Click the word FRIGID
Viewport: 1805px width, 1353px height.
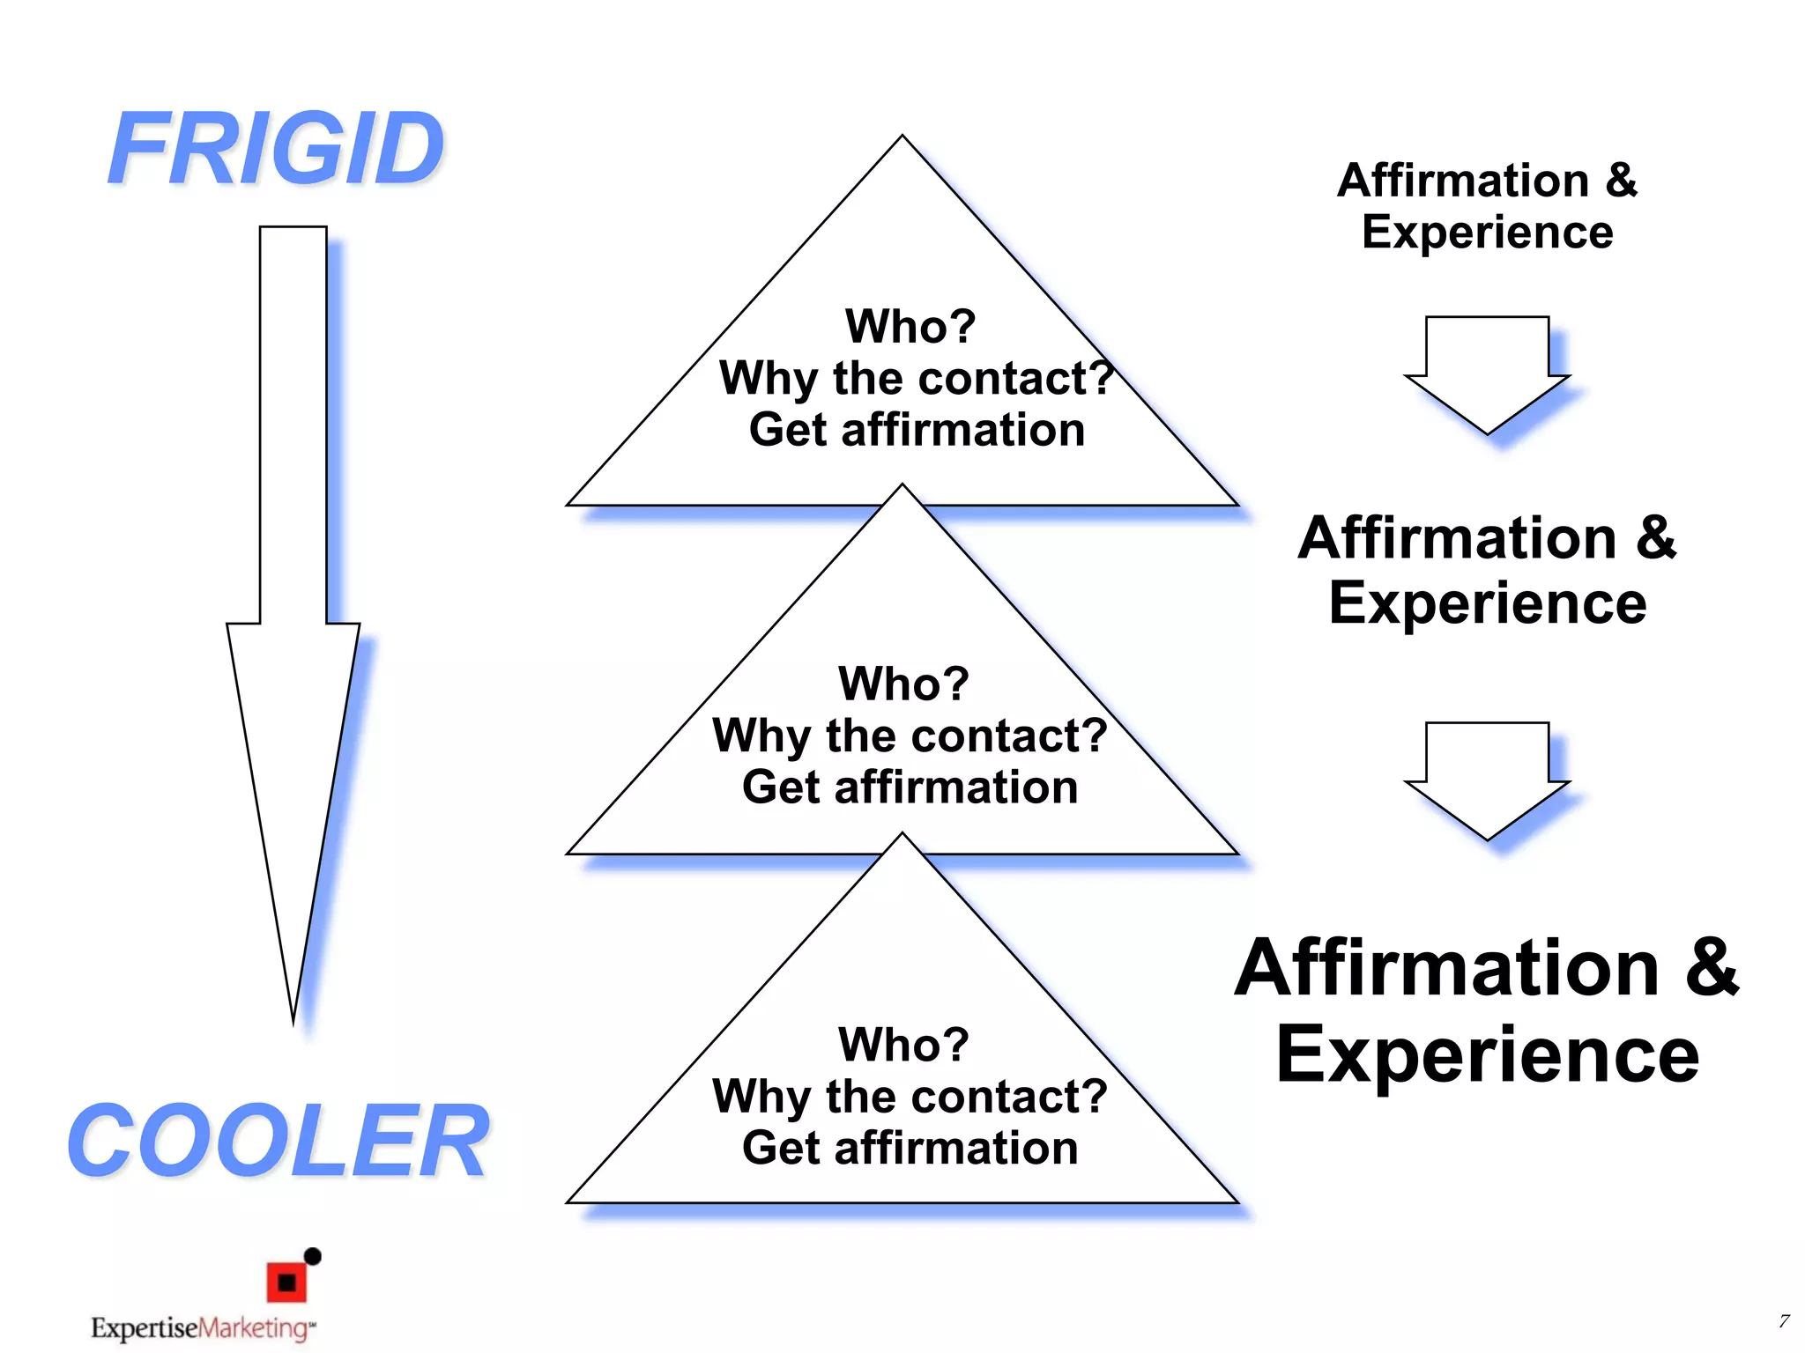[276, 150]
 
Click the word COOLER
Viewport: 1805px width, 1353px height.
[278, 1142]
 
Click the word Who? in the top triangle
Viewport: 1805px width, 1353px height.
[910, 327]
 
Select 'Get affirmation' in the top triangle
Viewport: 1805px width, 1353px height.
[917, 431]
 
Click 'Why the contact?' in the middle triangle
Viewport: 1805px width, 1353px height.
[910, 736]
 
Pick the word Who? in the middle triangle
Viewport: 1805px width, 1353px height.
[903, 684]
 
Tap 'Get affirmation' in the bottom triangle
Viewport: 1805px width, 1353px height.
[910, 1149]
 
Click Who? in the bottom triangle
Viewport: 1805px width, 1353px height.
[903, 1045]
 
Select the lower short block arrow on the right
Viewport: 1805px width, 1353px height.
[1487, 779]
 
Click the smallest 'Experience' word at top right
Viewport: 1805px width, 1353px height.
[1487, 233]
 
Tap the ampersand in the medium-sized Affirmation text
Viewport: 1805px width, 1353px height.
[1655, 537]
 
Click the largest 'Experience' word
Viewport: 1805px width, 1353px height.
[1487, 1054]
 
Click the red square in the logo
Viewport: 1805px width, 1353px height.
[286, 1282]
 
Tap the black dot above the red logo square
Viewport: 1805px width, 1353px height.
[312, 1256]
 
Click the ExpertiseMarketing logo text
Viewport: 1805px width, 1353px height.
[202, 1327]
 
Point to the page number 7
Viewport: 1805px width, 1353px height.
[1783, 1321]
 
